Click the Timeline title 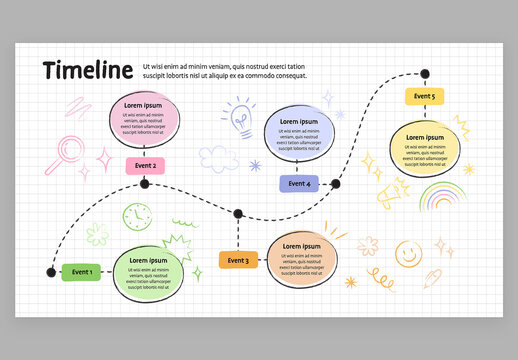pos(88,70)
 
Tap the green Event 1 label pos(82,271)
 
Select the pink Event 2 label pos(145,165)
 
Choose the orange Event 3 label pos(238,261)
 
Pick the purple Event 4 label pos(299,184)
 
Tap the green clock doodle pos(135,217)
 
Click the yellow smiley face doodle pos(406,253)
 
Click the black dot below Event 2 pos(145,184)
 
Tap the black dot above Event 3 pos(238,213)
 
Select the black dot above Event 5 pos(424,73)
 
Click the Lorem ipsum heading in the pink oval pos(143,106)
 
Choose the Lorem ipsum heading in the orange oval pos(302,247)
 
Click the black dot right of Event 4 pos(335,184)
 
